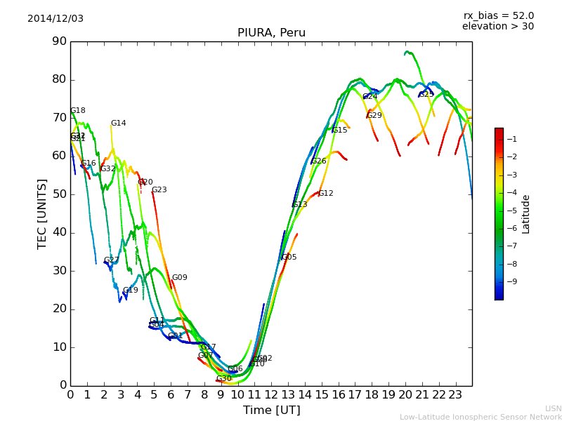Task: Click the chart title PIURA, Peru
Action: tap(271, 33)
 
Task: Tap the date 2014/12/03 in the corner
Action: tap(55, 19)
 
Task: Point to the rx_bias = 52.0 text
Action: tap(498, 16)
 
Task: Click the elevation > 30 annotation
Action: tap(497, 27)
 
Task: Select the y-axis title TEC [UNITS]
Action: tap(42, 213)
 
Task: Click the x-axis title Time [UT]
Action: tap(271, 410)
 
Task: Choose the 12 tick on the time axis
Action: tap(271, 394)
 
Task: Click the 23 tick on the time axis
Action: tap(455, 394)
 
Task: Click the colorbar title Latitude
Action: tap(526, 214)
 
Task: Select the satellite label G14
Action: tap(119, 123)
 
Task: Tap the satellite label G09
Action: tap(180, 278)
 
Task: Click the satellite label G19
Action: tap(131, 290)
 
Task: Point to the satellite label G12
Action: tap(326, 194)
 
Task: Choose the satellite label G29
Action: tap(374, 116)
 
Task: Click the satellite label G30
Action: tap(223, 379)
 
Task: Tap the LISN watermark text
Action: tap(553, 408)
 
